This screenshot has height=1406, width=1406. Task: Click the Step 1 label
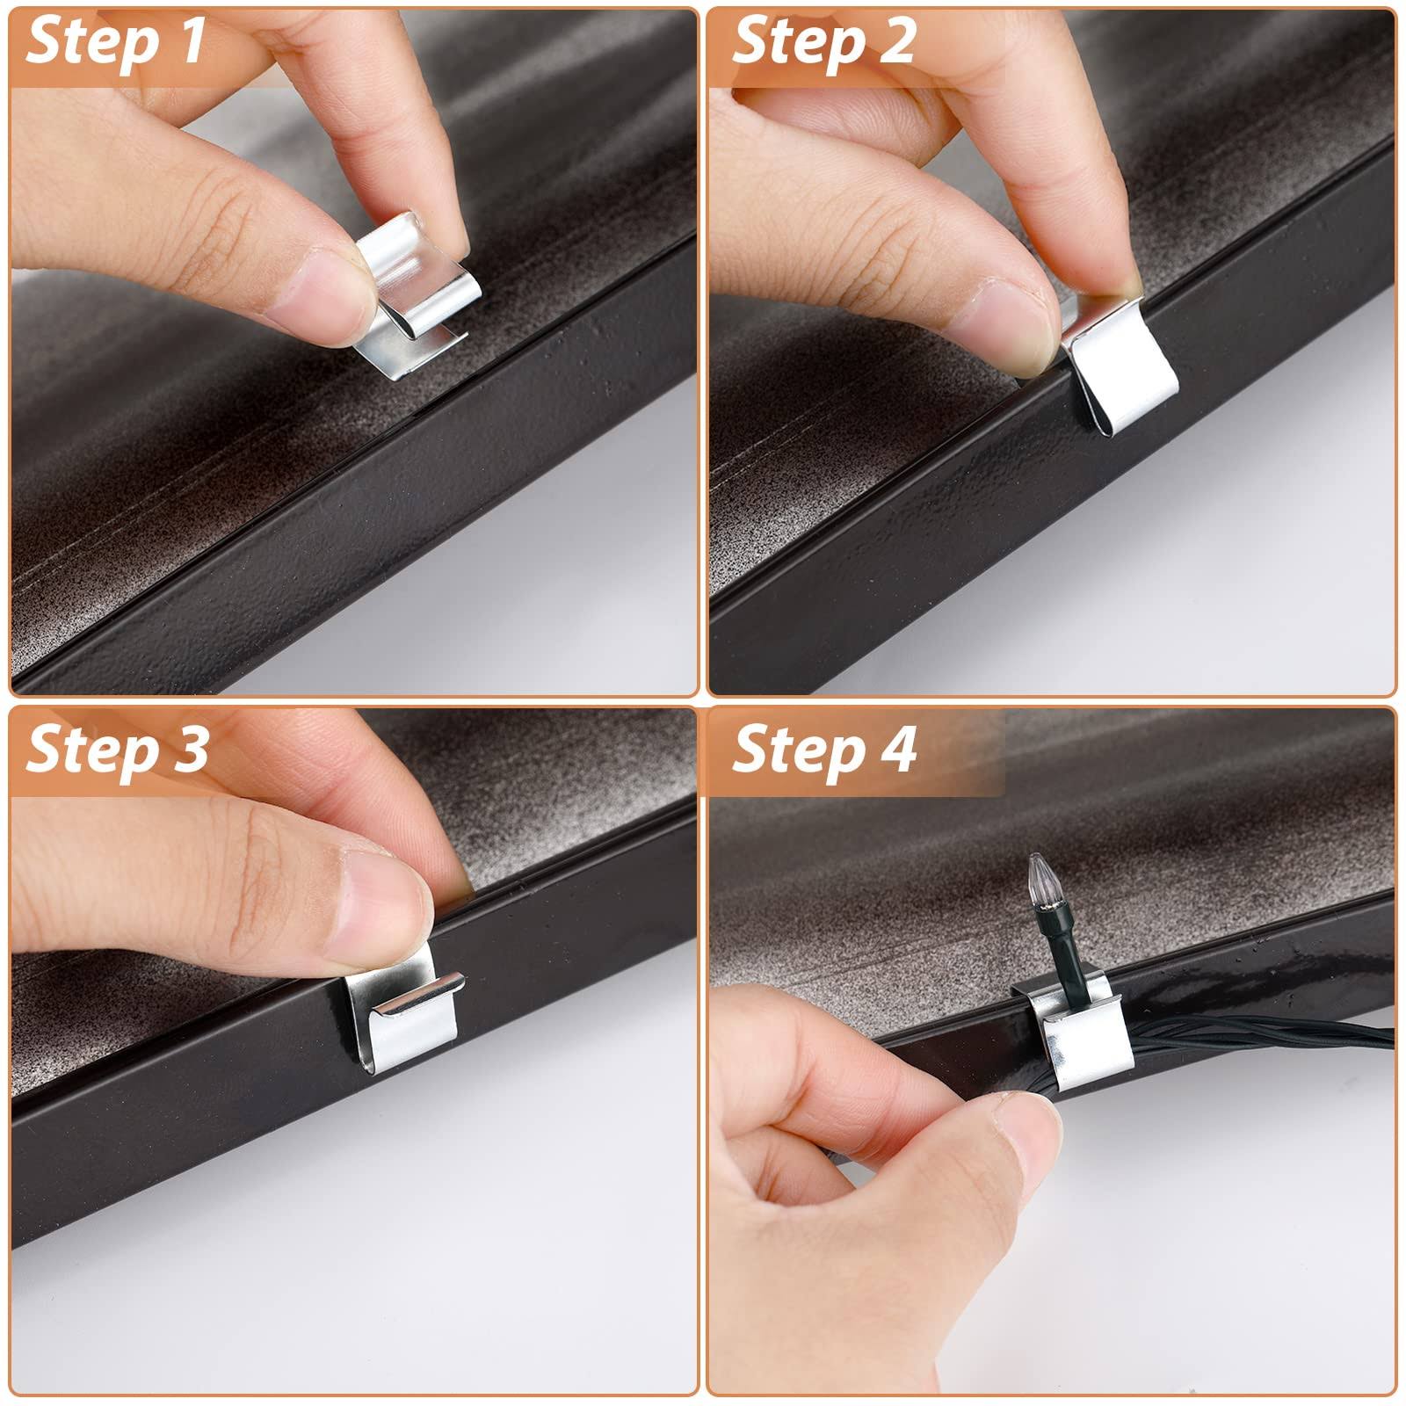pos(116,42)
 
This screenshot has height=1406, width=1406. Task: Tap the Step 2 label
pos(823,42)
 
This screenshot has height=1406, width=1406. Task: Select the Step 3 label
pos(117,750)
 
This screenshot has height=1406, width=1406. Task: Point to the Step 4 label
pos(824,750)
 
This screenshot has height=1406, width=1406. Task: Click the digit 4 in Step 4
pos(897,749)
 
